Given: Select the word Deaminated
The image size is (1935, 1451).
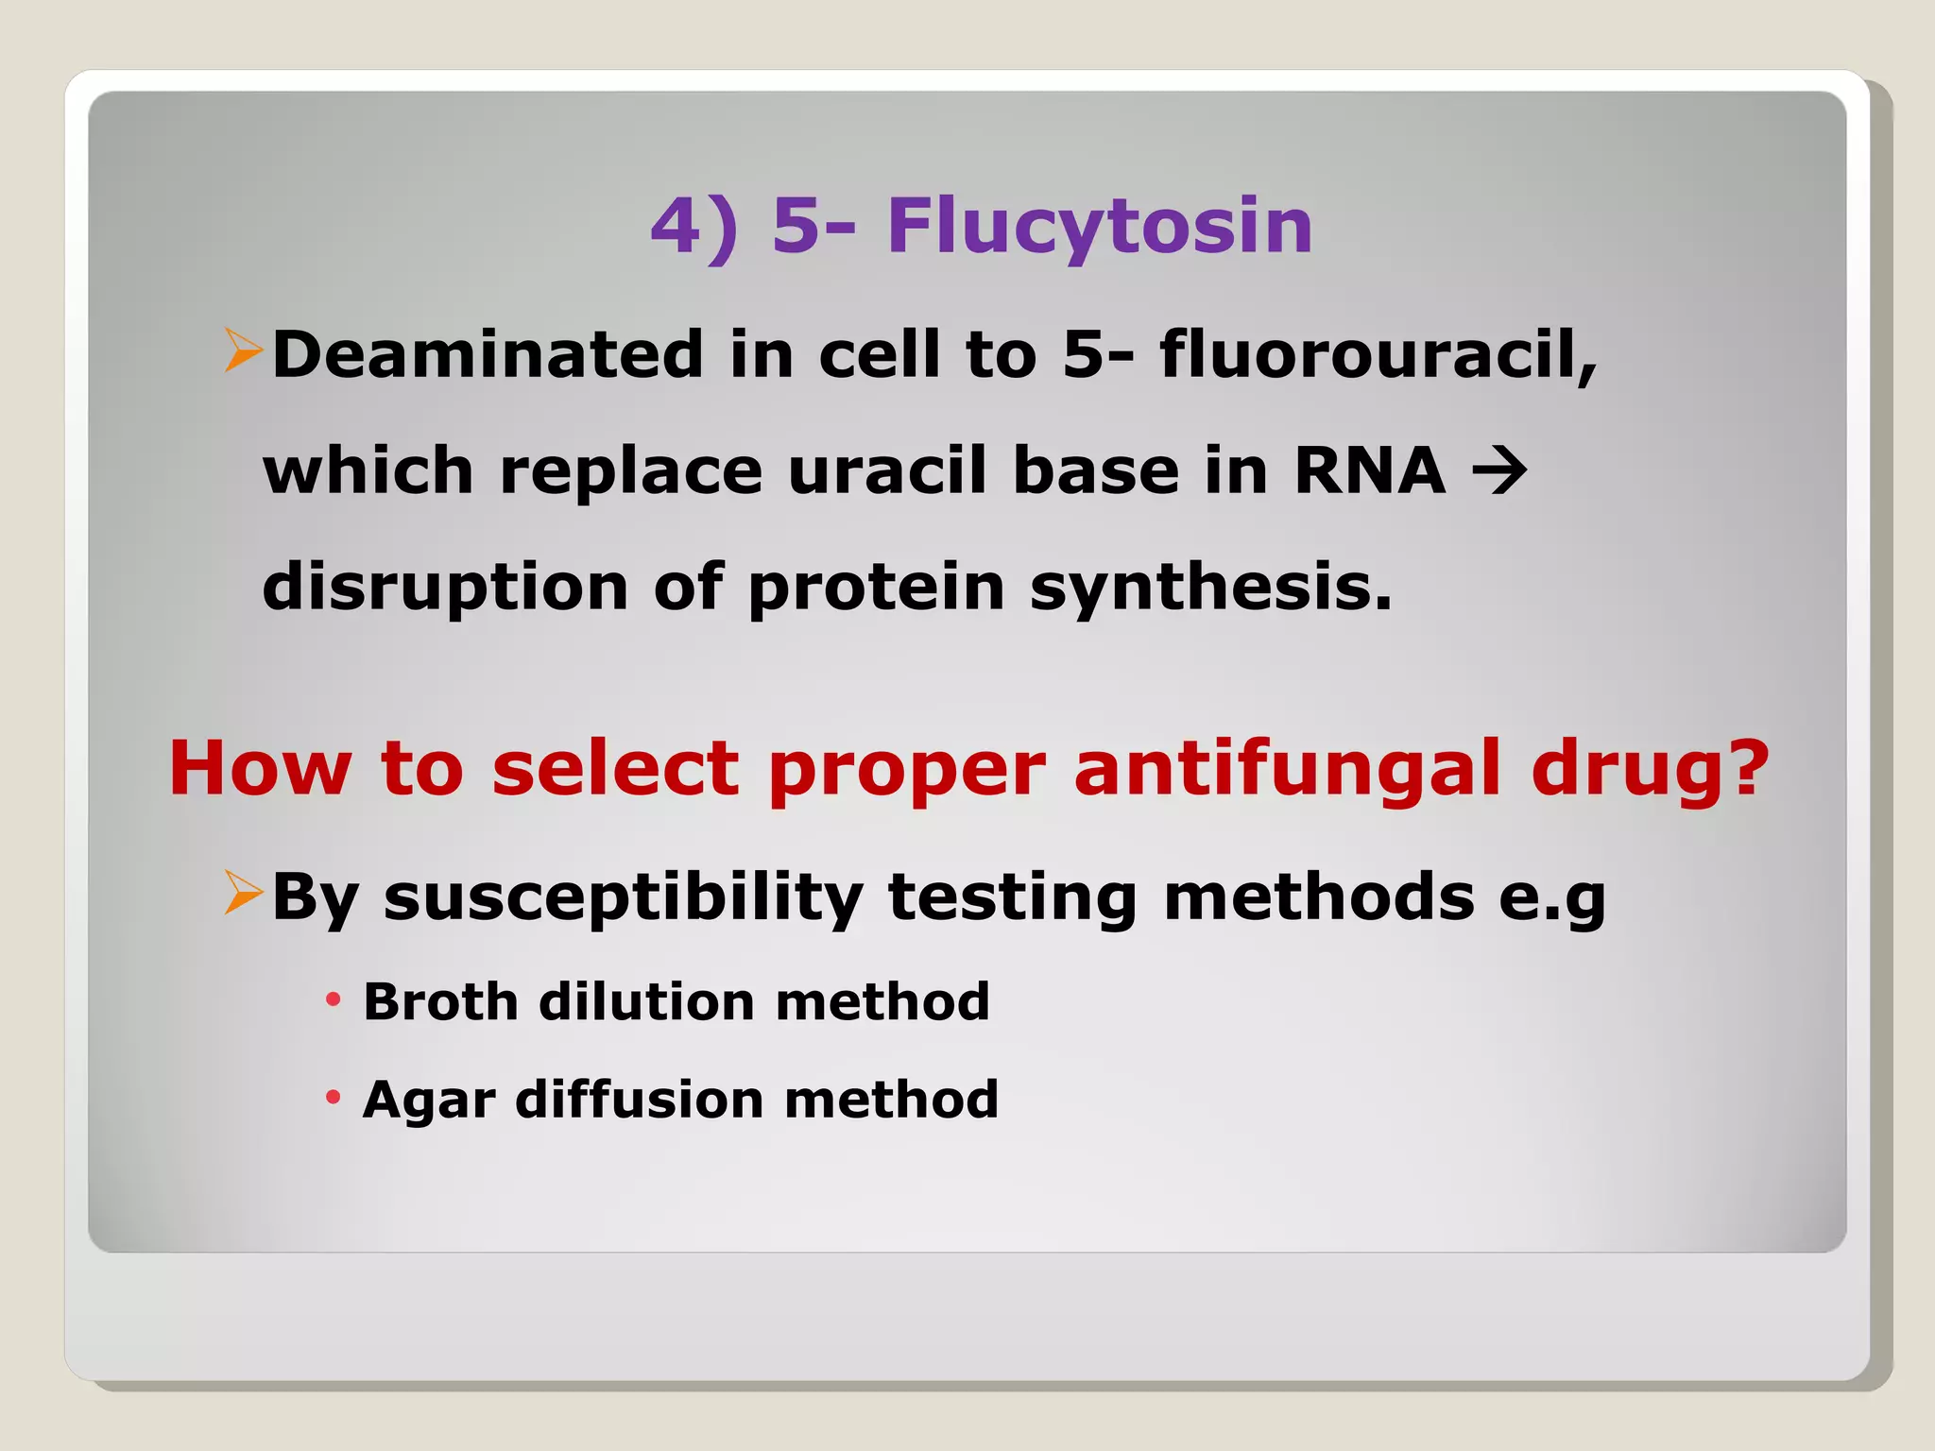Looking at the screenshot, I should tap(488, 354).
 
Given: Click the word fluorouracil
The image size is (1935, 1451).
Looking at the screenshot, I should tap(1378, 354).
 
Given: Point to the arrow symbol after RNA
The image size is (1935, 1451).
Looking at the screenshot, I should tap(1499, 471).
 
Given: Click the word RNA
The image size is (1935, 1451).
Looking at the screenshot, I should tap(1369, 469).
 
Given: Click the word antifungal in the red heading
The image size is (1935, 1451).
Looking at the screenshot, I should tap(1286, 768).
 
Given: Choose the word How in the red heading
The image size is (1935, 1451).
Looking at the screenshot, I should tap(261, 768).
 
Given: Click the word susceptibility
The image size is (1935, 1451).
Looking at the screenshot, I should tap(624, 897).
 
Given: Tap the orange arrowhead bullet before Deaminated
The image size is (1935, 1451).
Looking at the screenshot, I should tap(243, 350).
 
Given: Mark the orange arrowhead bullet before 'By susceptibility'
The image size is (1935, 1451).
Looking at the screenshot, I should tap(243, 893).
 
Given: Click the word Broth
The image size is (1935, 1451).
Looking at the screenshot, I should tap(440, 1001).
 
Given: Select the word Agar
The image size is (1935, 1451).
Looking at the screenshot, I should tap(429, 1101).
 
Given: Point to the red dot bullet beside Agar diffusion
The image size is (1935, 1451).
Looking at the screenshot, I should tap(333, 1097).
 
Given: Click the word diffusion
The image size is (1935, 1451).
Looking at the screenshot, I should tap(640, 1099).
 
